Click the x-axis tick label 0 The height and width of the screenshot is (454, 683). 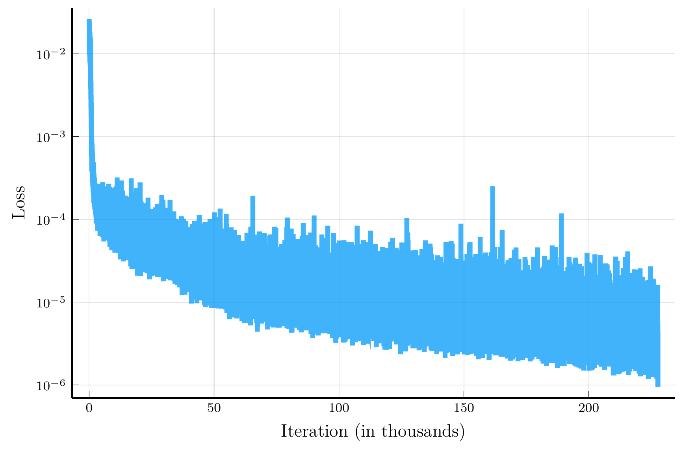tap(89, 409)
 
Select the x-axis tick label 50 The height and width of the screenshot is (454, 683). tap(214, 409)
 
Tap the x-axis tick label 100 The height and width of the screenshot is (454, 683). tap(339, 409)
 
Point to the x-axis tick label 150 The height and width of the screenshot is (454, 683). tap(464, 409)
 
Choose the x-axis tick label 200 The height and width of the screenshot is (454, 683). tap(588, 409)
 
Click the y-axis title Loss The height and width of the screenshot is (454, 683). tap(19, 202)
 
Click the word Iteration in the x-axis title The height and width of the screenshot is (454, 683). tap(314, 431)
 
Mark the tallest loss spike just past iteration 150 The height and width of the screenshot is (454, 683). tap(492, 187)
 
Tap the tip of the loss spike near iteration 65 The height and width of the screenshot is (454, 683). tap(253, 196)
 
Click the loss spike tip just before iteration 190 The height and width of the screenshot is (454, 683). tap(561, 214)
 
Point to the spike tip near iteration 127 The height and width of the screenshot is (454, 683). tap(407, 219)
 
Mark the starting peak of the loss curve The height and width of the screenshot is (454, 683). tap(89, 20)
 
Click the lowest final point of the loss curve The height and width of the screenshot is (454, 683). tap(658, 386)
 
